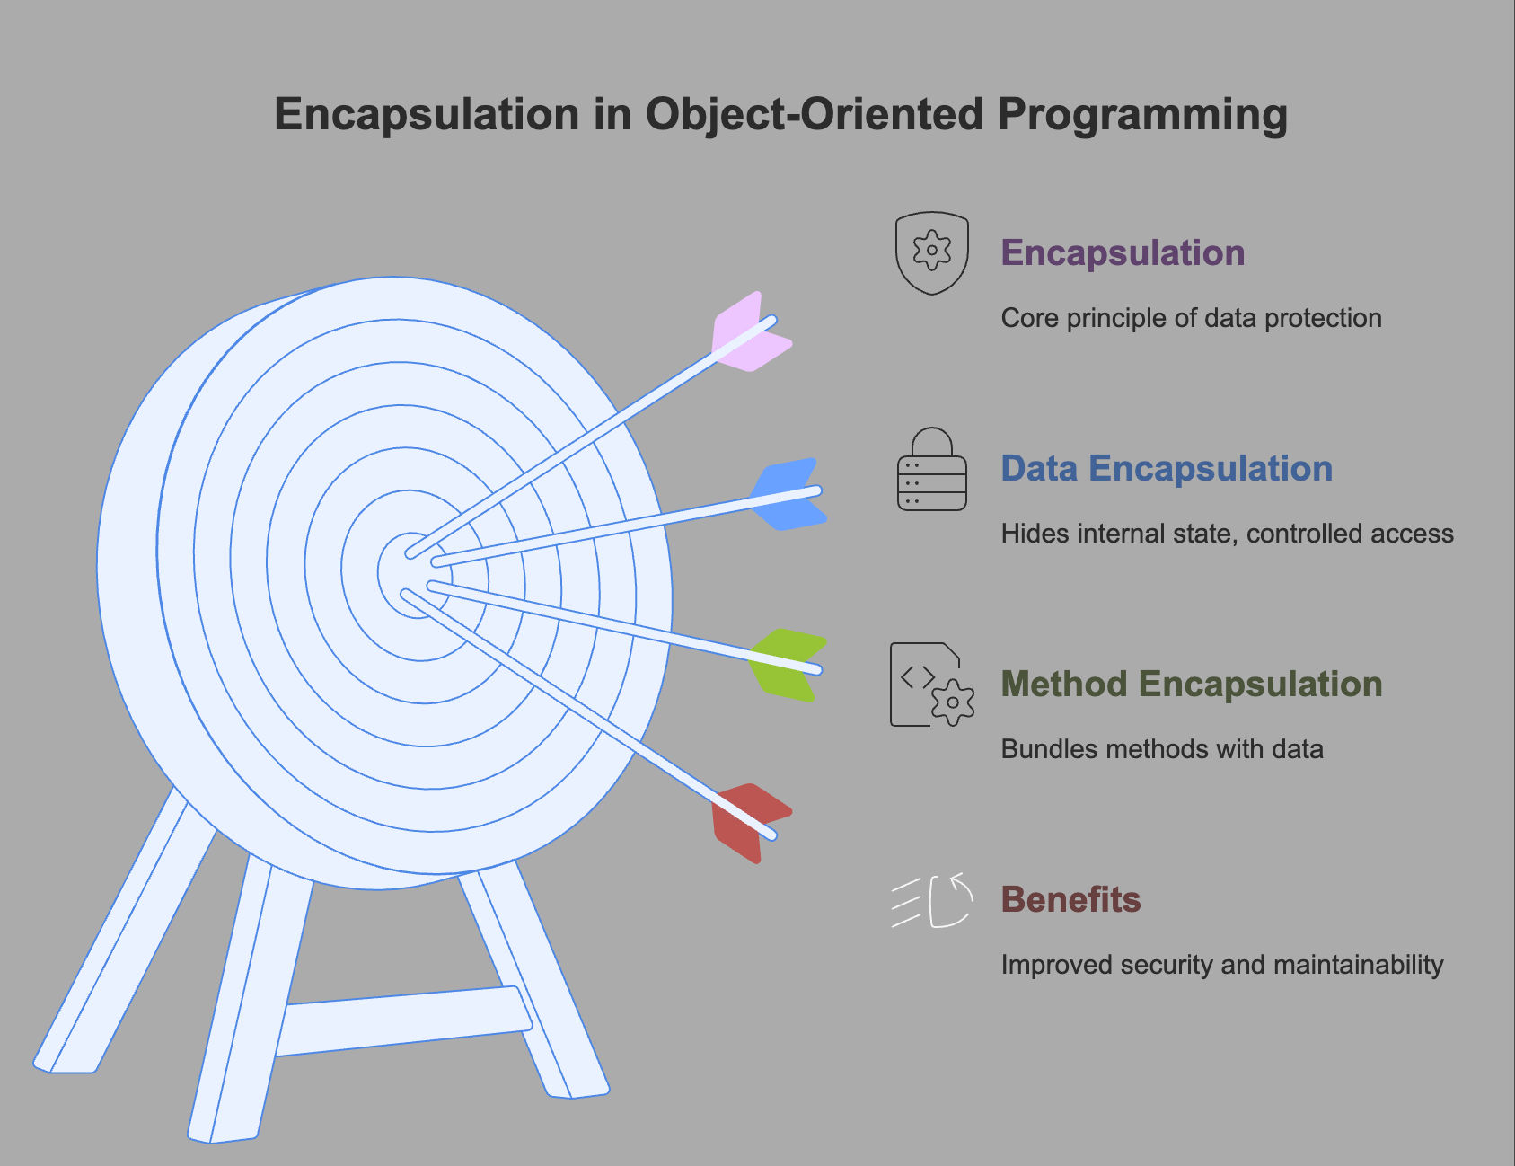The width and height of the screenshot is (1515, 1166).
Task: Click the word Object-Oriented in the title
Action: coord(815,114)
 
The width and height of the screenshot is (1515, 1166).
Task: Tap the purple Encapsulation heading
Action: coord(1123,253)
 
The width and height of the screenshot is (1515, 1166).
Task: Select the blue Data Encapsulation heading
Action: coord(1167,469)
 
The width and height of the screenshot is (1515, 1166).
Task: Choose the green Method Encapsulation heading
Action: coord(1192,685)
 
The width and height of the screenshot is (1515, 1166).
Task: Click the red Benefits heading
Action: coord(1070,899)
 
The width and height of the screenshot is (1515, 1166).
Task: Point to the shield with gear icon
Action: coord(932,252)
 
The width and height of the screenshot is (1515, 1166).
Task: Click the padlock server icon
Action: coord(932,469)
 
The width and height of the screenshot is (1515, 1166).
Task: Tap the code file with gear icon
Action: coord(932,685)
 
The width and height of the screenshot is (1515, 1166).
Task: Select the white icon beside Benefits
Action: coord(932,900)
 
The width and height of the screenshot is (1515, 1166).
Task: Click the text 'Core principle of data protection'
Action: coord(1191,318)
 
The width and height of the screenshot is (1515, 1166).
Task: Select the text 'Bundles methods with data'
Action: coord(1162,749)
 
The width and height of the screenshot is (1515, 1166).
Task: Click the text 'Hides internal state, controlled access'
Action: coord(1227,534)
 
